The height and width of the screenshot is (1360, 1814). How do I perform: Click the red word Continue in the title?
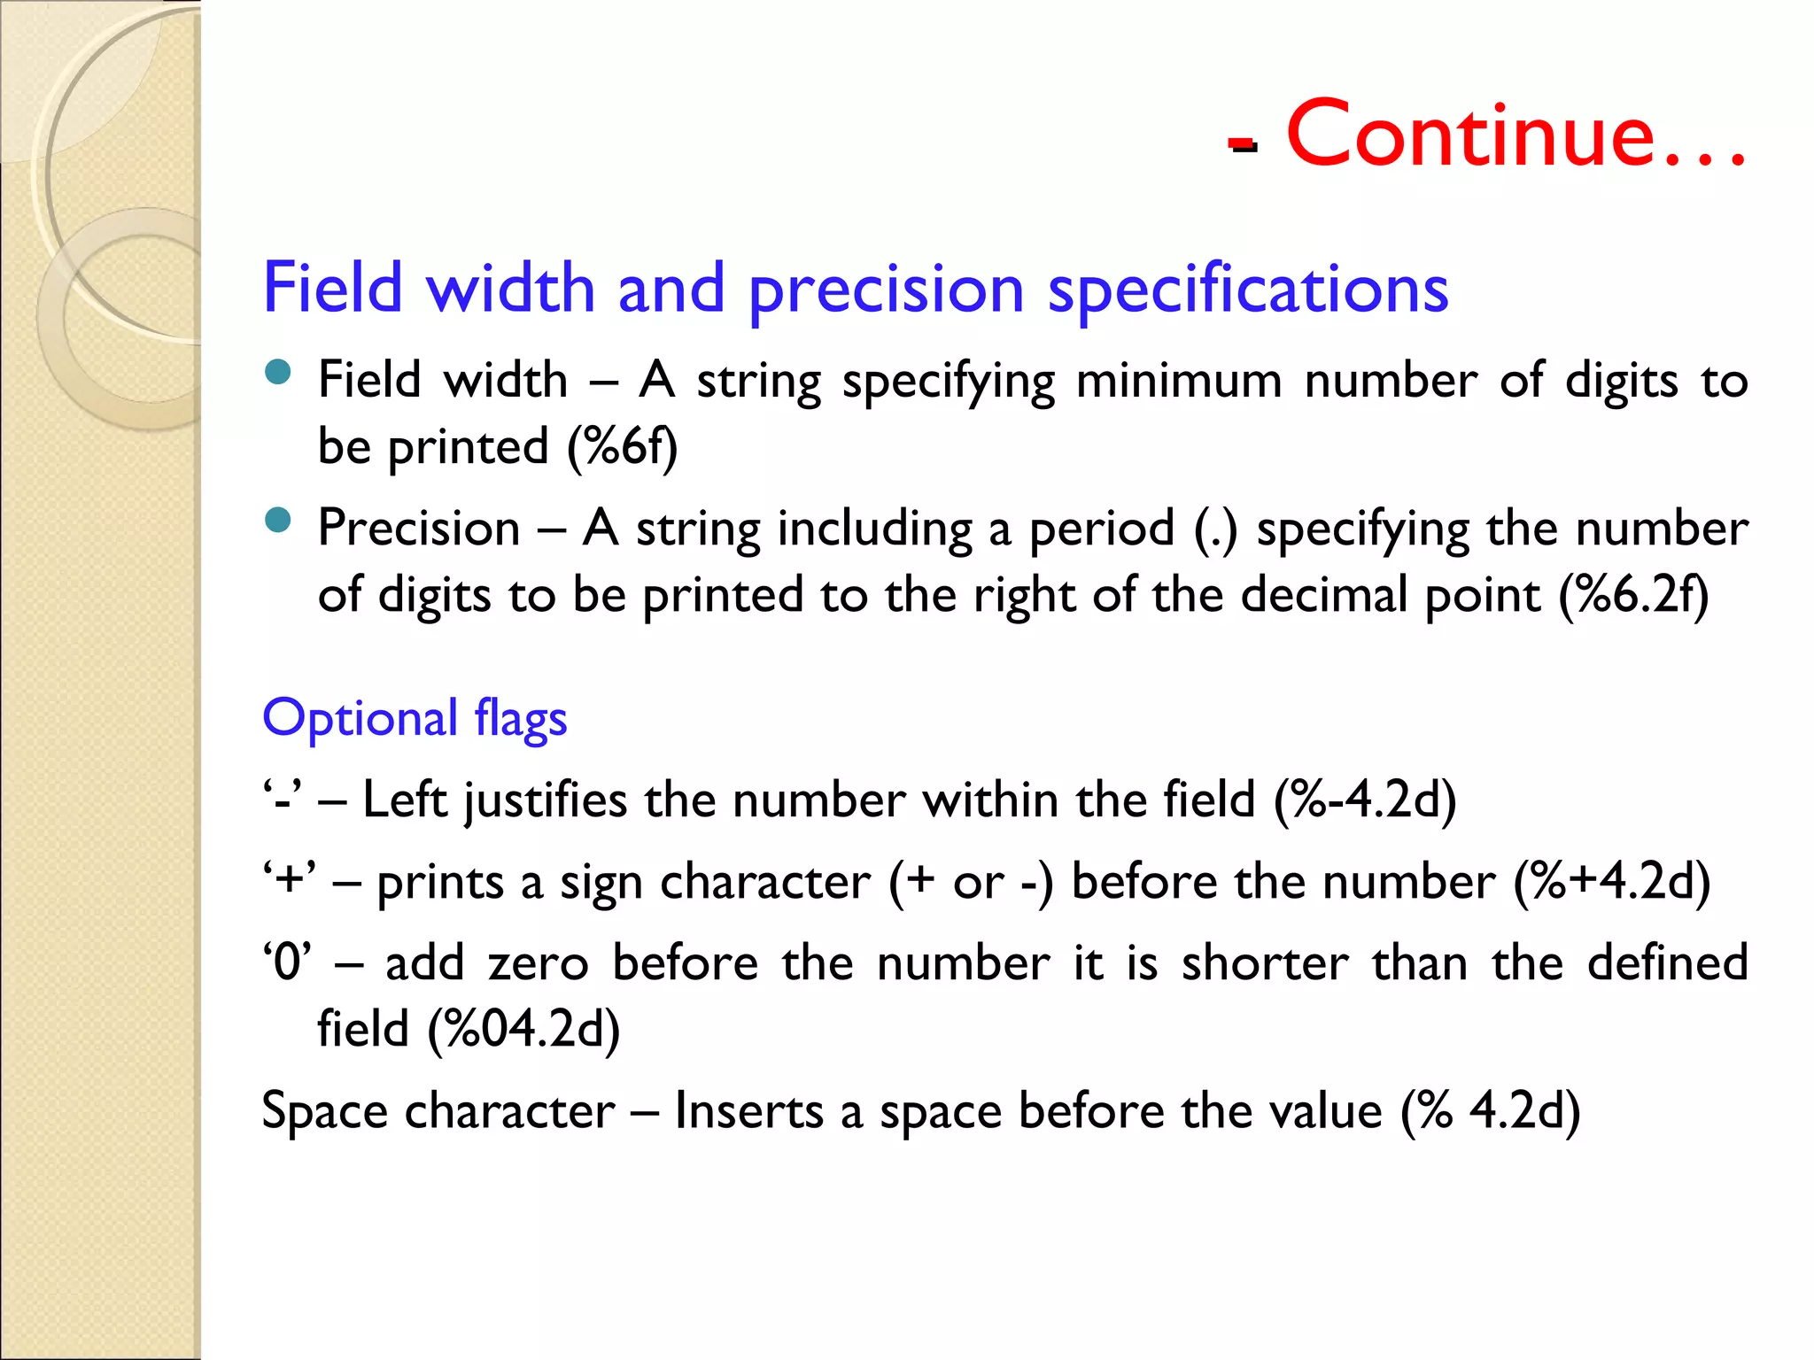1470,135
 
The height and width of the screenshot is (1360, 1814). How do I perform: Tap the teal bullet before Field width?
278,372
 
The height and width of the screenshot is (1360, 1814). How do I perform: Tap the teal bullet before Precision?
278,520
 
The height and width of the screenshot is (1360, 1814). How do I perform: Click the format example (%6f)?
622,446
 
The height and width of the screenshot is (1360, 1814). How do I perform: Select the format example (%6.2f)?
1633,595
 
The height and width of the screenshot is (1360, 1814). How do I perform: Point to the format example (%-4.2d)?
1365,800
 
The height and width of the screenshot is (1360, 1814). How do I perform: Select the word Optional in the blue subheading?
360,718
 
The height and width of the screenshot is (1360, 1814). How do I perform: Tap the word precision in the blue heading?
887,290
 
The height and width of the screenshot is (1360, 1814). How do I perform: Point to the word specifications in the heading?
1248,290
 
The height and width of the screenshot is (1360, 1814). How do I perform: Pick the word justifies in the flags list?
546,800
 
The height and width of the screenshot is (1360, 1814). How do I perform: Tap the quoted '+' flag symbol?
289,882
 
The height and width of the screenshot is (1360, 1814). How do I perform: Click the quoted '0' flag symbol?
288,962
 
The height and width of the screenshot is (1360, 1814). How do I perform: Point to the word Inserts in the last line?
748,1110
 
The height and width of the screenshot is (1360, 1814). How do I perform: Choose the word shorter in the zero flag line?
1266,962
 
